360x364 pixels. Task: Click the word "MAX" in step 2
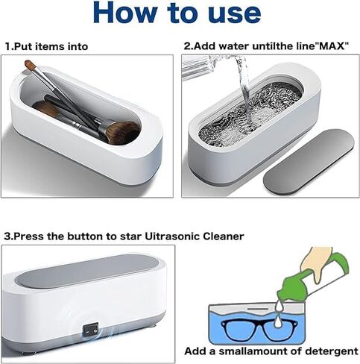[x=328, y=46]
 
